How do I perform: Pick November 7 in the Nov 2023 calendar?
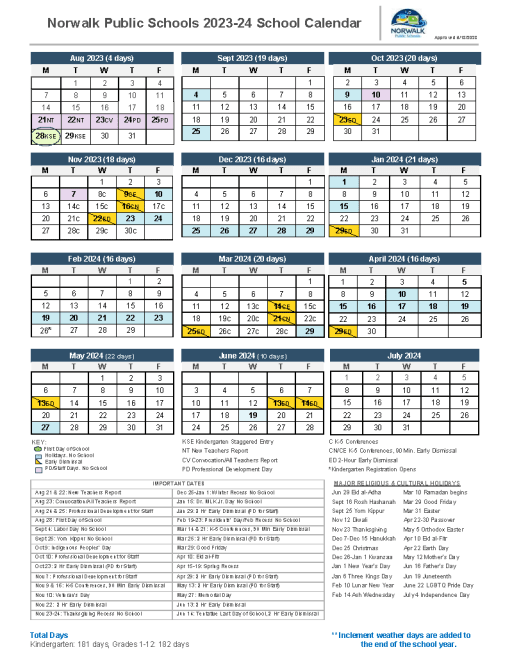click(x=74, y=193)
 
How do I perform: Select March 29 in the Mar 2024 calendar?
click(x=310, y=329)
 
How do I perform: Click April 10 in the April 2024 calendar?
click(x=401, y=294)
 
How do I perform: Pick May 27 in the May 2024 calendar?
click(x=45, y=427)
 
